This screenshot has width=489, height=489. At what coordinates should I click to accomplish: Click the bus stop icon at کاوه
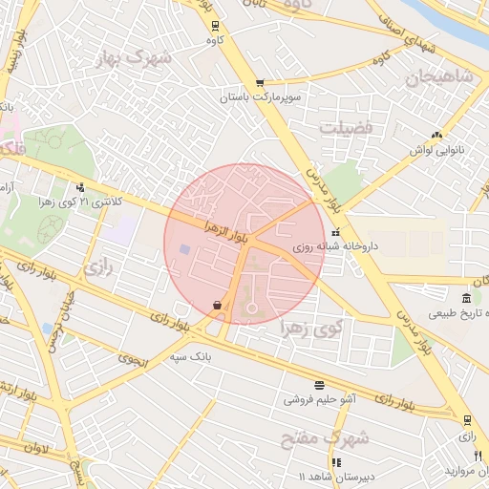tap(215, 26)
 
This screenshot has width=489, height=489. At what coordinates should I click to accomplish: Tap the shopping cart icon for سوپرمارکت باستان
tap(259, 83)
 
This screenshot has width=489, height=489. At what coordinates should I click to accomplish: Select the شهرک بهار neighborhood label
tap(134, 59)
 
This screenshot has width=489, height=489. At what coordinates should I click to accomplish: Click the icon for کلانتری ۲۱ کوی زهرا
tap(80, 187)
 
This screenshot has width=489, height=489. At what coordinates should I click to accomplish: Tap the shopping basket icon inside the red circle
tap(219, 305)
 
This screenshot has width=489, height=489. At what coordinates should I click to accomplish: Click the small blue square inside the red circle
tap(183, 249)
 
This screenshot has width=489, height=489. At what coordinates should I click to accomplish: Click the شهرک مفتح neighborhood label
tap(335, 439)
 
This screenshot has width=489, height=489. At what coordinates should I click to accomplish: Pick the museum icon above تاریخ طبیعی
tap(465, 298)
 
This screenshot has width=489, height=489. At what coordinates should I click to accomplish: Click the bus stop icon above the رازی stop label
tap(466, 419)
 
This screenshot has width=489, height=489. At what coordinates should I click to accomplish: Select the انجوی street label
tap(135, 359)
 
